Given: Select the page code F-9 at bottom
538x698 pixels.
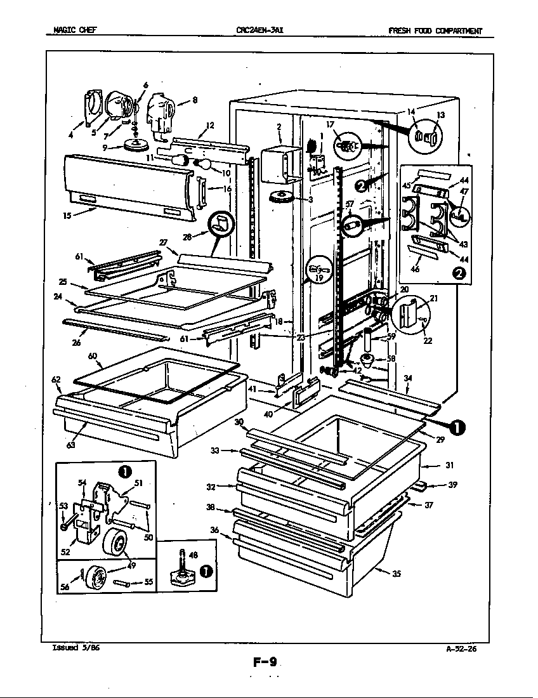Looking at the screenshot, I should (265, 664).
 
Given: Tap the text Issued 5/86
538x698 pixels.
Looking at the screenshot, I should (75, 648).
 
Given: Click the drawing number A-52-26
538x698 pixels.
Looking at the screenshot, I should (461, 649).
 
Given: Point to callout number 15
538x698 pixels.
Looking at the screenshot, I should (67, 216).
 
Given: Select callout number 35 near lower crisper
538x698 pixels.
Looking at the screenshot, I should (397, 575).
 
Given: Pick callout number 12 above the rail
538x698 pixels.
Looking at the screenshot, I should (210, 125).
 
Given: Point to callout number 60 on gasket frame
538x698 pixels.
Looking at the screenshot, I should (93, 357).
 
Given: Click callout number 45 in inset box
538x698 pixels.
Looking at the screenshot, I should (407, 185).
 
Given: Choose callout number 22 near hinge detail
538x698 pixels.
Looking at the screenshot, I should (428, 340).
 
